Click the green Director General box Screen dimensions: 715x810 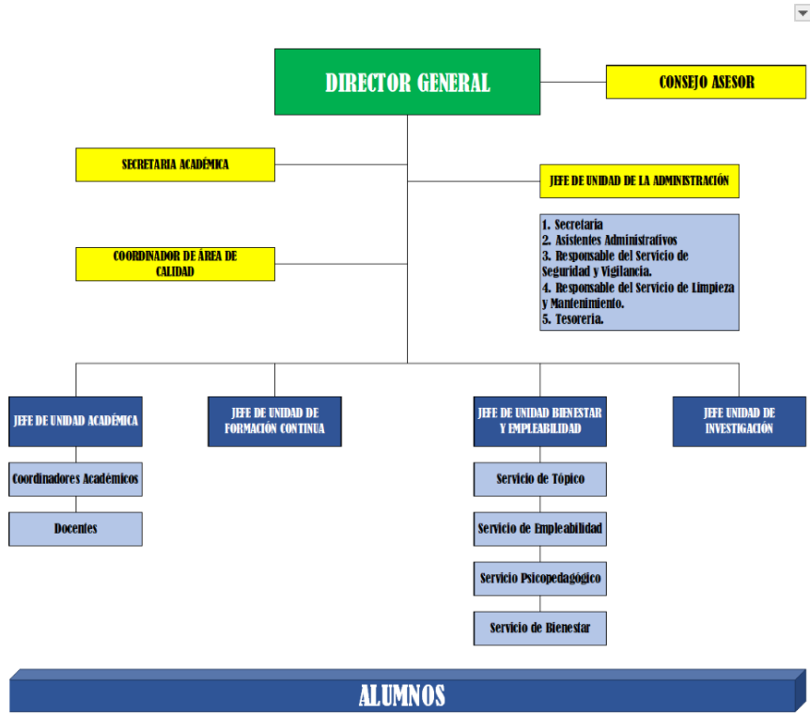coord(407,83)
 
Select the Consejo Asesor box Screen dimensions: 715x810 coord(706,83)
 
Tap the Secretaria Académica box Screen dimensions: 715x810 coord(175,164)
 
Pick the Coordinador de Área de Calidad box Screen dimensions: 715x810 coord(175,264)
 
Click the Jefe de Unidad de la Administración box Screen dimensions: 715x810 coord(639,181)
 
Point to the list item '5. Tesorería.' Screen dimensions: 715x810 coord(573,319)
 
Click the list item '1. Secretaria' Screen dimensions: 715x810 coord(572,225)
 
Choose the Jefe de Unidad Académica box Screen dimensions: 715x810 coord(75,421)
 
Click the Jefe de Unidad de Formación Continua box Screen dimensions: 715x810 coord(274,421)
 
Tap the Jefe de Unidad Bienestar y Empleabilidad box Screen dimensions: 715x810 coord(539,421)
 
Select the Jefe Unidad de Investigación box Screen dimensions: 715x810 coord(739,421)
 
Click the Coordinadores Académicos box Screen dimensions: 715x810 coord(75,479)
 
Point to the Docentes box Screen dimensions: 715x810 coord(75,529)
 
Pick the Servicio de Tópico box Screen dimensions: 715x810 coord(539,479)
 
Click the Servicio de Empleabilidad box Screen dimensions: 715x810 coord(539,529)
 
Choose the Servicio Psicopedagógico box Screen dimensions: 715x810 coord(539,578)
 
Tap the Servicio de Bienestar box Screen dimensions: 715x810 coord(539,628)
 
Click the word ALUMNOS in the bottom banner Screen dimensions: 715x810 coord(401,696)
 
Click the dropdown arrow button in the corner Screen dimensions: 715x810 coord(802,13)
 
